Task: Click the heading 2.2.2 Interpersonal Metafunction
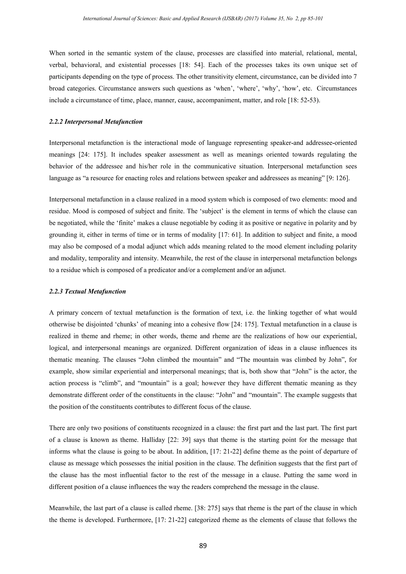(x=96, y=122)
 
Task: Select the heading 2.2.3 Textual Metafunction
(x=87, y=292)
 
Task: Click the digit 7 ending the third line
(x=355, y=77)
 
